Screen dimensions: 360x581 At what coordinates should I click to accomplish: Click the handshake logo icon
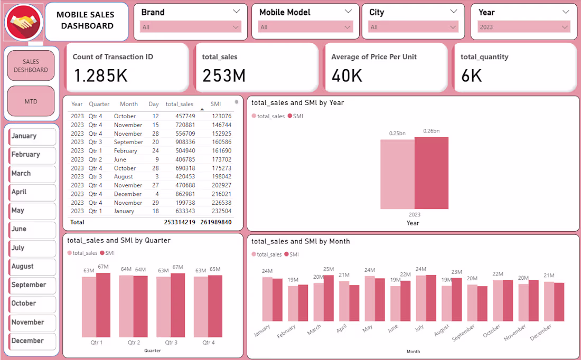(x=24, y=22)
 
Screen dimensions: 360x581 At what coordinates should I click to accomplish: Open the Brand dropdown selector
(x=191, y=27)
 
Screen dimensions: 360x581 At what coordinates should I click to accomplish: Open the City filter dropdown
(x=414, y=27)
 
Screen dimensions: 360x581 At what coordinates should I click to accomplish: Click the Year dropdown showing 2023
(x=523, y=27)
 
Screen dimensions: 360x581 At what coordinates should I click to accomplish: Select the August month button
(x=32, y=267)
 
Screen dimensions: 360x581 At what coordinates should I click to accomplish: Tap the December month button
(x=32, y=341)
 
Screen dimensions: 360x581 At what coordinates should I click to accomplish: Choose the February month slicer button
(x=32, y=155)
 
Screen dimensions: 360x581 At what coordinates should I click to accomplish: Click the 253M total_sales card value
(x=224, y=76)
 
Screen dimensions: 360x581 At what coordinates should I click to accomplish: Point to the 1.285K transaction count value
(x=100, y=76)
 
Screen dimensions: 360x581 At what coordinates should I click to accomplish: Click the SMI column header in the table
(x=215, y=104)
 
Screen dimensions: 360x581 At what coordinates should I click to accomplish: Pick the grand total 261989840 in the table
(x=215, y=222)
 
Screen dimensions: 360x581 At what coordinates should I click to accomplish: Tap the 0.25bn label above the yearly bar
(x=397, y=133)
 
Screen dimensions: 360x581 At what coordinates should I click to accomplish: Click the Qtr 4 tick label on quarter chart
(x=208, y=343)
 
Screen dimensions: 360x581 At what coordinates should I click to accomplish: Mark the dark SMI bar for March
(x=329, y=298)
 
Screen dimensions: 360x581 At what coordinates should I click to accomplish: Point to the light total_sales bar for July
(x=421, y=298)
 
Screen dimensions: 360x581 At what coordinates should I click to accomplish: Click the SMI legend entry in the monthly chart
(x=291, y=254)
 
